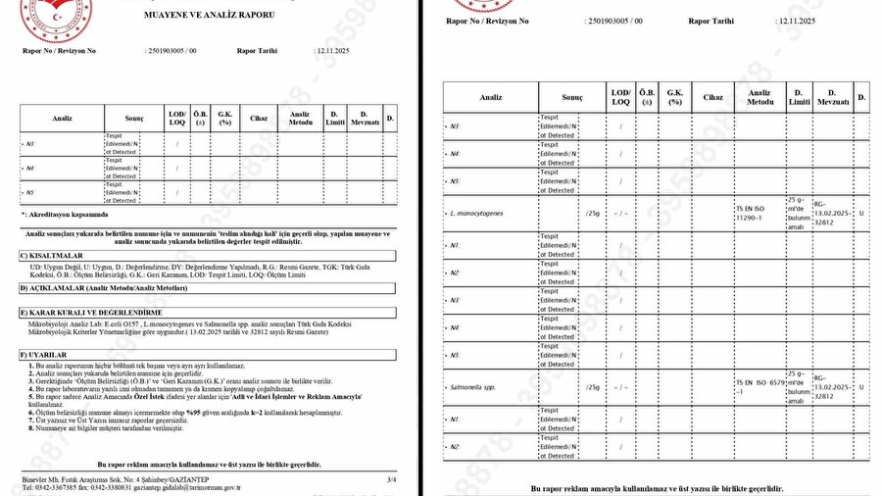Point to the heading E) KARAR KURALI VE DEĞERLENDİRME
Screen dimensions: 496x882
pos(91,312)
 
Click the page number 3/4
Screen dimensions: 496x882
pos(391,478)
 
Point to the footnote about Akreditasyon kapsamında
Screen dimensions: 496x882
pos(67,214)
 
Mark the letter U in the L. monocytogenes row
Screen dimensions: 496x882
pos(860,211)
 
